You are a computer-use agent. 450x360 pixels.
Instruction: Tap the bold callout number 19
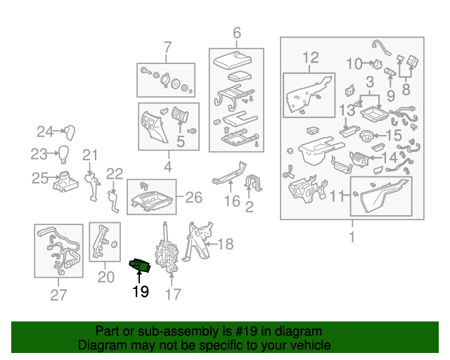(x=141, y=292)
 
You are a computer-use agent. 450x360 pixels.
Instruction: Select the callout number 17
(x=173, y=294)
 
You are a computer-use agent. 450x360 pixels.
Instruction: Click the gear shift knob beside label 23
(x=64, y=154)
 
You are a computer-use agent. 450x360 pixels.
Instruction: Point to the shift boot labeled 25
(x=65, y=181)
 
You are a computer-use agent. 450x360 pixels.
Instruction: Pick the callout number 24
(x=45, y=131)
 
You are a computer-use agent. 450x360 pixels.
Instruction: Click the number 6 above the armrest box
(x=237, y=33)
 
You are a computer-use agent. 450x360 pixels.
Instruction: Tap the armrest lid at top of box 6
(x=233, y=60)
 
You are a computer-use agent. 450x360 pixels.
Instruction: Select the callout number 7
(x=167, y=47)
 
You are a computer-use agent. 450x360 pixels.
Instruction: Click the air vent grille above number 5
(x=180, y=114)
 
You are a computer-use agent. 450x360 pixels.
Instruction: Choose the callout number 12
(x=311, y=58)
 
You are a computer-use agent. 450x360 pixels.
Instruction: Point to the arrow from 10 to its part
(x=366, y=63)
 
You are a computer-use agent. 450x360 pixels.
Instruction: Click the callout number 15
(x=394, y=135)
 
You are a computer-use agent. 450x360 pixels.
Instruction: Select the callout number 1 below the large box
(x=352, y=237)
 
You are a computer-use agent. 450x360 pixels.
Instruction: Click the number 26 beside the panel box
(x=194, y=198)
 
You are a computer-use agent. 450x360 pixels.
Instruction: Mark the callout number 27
(x=58, y=295)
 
